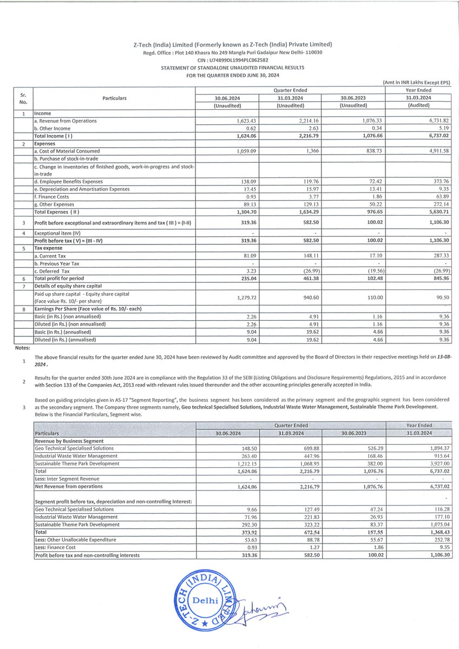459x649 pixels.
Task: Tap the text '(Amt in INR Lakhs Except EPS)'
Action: click(x=416, y=82)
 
